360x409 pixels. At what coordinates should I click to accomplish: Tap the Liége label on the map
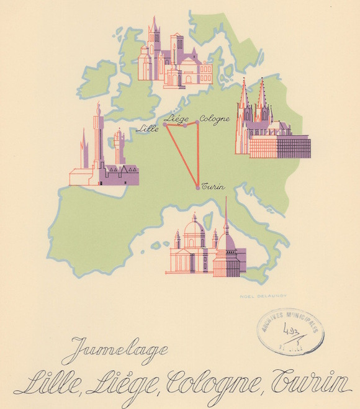point(178,117)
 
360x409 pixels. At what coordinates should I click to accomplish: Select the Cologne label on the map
point(215,118)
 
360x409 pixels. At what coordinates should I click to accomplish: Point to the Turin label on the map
point(213,187)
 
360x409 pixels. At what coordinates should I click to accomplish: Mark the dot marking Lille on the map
point(165,124)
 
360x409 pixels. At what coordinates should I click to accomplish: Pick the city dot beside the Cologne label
point(197,122)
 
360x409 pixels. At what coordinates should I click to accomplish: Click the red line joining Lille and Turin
point(181,155)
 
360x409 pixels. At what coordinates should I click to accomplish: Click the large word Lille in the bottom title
point(48,382)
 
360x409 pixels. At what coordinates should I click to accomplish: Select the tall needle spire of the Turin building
point(226,214)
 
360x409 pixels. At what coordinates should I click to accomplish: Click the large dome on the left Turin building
point(194,230)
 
